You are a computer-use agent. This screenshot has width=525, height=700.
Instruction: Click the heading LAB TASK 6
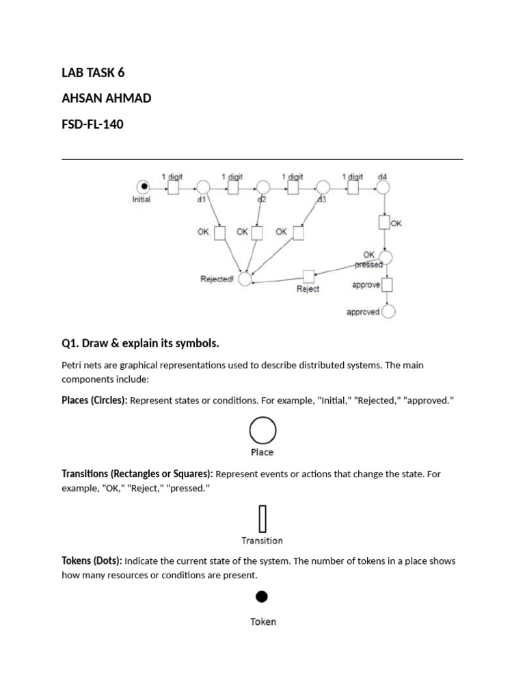pos(93,72)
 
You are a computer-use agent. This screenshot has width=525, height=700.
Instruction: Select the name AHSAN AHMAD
pos(107,98)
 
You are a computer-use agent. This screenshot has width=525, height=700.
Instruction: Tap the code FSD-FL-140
pos(92,124)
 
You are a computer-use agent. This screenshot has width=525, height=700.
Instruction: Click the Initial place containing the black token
pos(143,187)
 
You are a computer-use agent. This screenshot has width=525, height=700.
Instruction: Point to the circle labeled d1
pos(203,187)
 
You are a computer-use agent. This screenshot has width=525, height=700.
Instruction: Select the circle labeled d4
pos(383,187)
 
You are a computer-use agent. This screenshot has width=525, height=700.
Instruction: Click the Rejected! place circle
pos(245,277)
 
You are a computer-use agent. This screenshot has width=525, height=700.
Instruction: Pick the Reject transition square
pos(308,276)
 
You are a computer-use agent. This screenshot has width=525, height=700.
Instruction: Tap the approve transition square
pos(388,284)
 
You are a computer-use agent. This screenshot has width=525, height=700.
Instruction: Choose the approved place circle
pos(388,312)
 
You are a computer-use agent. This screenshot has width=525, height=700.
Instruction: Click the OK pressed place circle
pos(386,257)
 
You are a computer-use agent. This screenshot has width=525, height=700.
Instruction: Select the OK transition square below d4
pos(383,222)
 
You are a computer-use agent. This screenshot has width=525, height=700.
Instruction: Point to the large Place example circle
pos(262,431)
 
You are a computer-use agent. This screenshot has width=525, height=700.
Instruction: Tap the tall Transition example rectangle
pos(262,519)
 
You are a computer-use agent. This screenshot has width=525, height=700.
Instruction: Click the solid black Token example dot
pos(262,597)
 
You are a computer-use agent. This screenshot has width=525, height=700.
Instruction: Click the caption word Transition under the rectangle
pos(262,541)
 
